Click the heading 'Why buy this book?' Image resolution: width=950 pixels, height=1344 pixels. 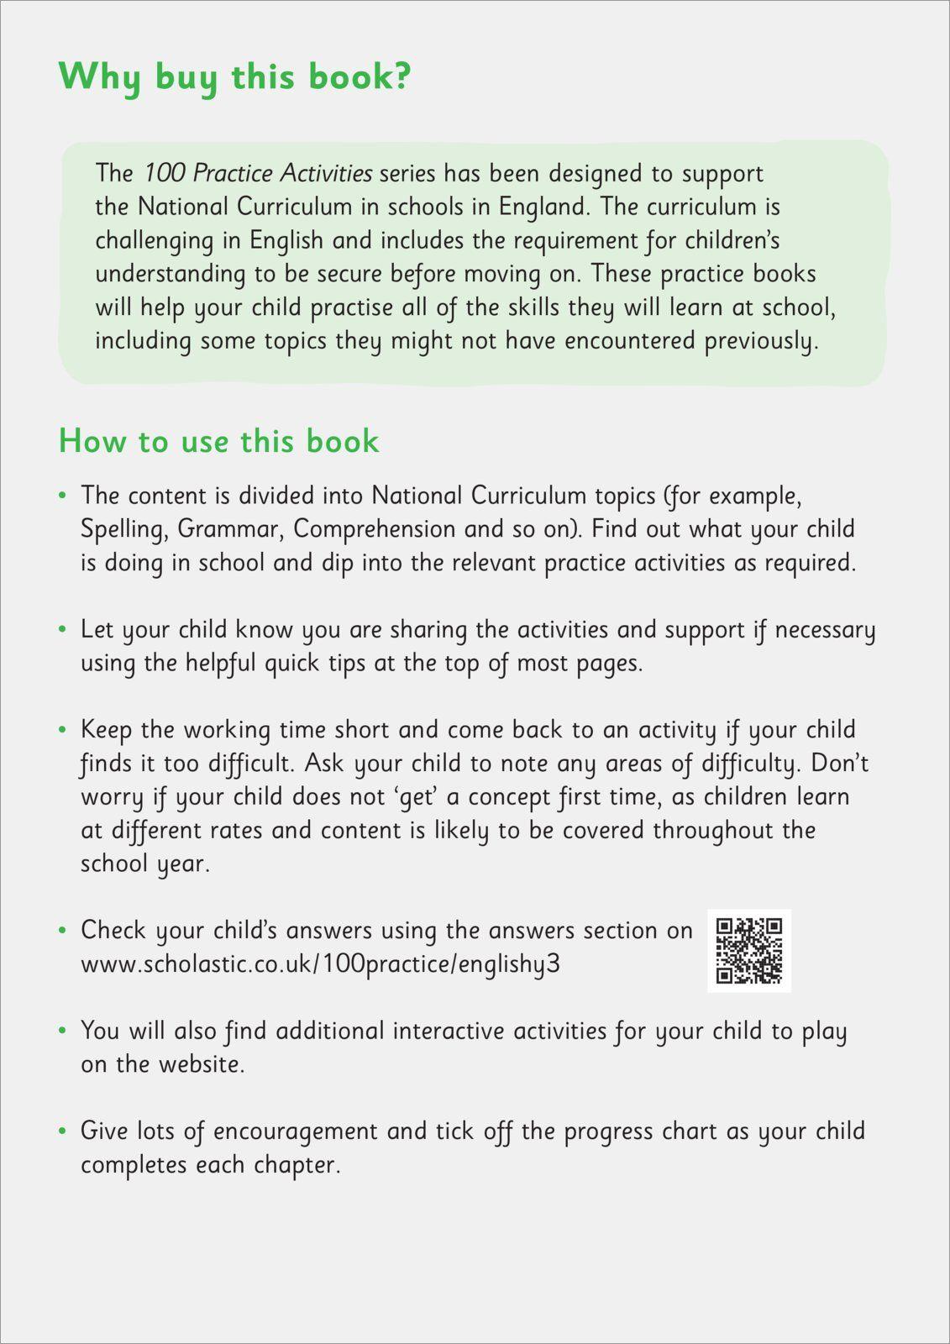coord(234,77)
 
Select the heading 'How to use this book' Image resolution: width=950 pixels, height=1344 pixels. coord(218,442)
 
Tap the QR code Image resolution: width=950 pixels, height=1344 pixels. coord(748,950)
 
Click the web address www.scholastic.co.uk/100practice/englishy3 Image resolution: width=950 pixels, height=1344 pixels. coord(320,964)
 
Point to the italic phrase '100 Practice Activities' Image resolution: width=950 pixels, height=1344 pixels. coord(257,173)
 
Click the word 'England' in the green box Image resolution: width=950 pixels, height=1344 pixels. coord(543,207)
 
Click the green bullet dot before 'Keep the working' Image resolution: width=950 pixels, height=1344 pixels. coord(62,731)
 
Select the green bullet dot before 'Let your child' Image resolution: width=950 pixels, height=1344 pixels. coord(62,630)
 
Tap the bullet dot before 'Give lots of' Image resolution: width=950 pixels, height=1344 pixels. coord(62,1132)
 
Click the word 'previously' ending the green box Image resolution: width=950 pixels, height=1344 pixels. coord(759,341)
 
